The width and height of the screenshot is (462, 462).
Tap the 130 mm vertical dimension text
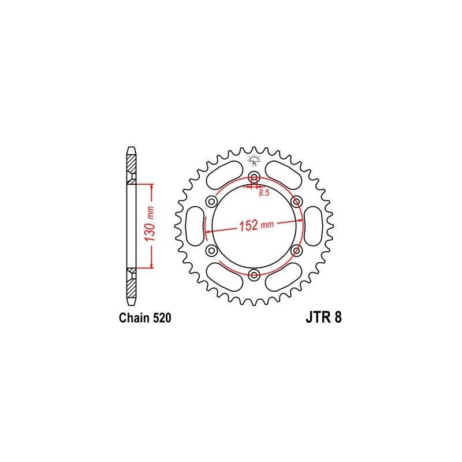(148, 225)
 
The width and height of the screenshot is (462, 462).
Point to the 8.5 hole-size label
(264, 193)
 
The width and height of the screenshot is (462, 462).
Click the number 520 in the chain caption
(159, 318)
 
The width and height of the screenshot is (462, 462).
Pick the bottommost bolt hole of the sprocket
(254, 274)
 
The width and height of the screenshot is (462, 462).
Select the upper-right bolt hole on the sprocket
(297, 201)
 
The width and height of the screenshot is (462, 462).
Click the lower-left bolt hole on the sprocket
(211, 249)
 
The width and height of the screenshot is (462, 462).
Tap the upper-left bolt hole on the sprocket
(211, 201)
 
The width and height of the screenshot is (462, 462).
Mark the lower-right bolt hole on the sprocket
(297, 249)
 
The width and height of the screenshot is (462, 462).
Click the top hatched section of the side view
(132, 167)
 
